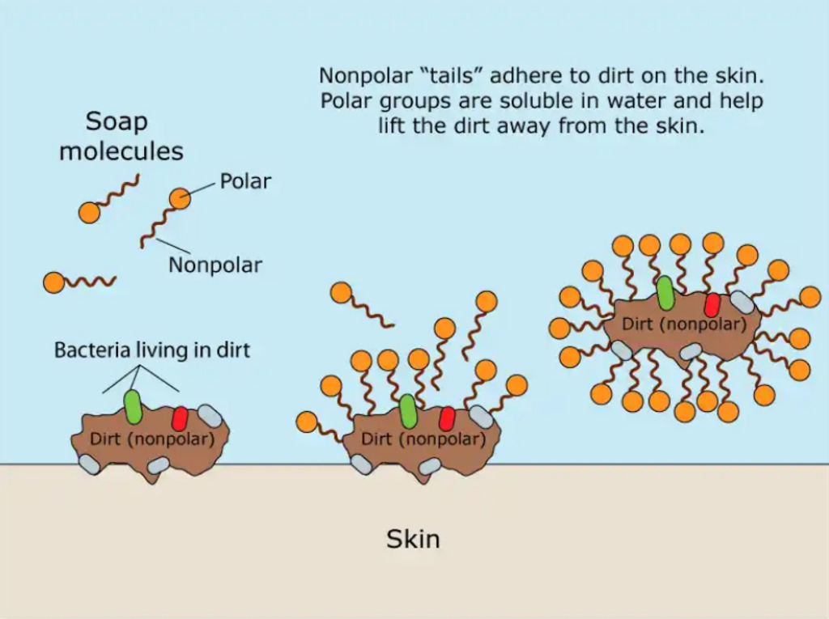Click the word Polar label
click(245, 181)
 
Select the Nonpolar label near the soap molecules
click(215, 265)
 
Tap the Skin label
click(413, 539)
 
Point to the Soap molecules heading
click(121, 137)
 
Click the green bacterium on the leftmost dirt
click(133, 406)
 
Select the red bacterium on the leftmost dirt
click(180, 418)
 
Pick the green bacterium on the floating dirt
click(665, 293)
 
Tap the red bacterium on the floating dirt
click(712, 305)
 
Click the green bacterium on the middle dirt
click(408, 411)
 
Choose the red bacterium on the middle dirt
click(447, 418)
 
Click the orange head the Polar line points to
click(180, 199)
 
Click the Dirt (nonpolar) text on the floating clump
click(684, 324)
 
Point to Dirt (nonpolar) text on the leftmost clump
click(152, 439)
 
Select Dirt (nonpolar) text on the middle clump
click(423, 439)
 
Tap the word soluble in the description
click(536, 100)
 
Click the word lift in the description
click(389, 125)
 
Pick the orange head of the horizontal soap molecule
click(54, 283)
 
